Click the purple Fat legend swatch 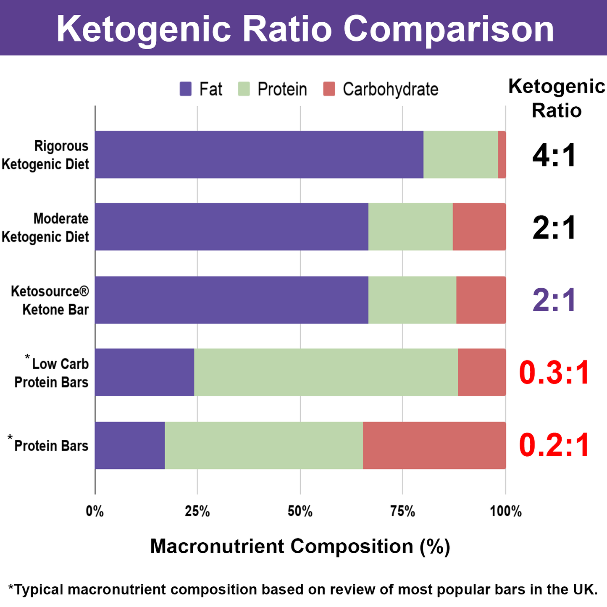pyautogui.click(x=186, y=89)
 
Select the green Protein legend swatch pyautogui.click(x=244, y=89)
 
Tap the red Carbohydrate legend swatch pyautogui.click(x=329, y=89)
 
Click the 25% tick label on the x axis pyautogui.click(x=197, y=511)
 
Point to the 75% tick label pyautogui.click(x=402, y=511)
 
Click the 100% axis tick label pyautogui.click(x=505, y=511)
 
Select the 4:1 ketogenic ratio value pyautogui.click(x=554, y=155)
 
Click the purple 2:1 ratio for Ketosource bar pyautogui.click(x=554, y=301)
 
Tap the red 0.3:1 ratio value pyautogui.click(x=554, y=373)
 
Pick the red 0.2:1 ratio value pyautogui.click(x=554, y=446)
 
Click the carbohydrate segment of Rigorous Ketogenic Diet pyautogui.click(x=502, y=155)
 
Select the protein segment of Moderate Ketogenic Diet pyautogui.click(x=410, y=227)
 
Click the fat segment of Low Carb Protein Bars pyautogui.click(x=145, y=372)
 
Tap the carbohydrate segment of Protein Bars pyautogui.click(x=434, y=445)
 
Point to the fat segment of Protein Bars pyautogui.click(x=130, y=445)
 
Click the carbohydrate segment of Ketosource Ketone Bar pyautogui.click(x=481, y=300)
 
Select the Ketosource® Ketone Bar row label pyautogui.click(x=50, y=300)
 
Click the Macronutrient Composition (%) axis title pyautogui.click(x=300, y=547)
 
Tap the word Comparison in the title pyautogui.click(x=448, y=29)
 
